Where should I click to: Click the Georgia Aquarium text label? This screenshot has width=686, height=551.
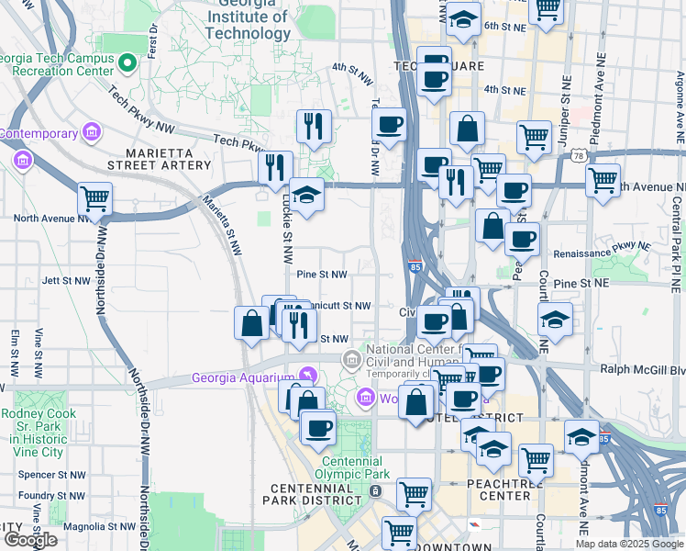click(242, 377)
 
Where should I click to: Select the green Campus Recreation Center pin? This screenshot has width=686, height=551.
click(128, 64)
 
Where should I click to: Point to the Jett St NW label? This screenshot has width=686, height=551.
click(62, 279)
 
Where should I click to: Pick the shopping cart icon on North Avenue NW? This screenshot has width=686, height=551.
click(94, 197)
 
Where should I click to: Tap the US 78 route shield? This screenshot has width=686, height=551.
click(580, 157)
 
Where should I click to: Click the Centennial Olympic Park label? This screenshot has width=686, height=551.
click(339, 467)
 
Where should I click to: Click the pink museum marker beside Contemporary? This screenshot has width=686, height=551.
click(90, 134)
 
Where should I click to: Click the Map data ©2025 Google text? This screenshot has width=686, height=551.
click(628, 544)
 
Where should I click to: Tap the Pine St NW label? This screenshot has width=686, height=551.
click(322, 274)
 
